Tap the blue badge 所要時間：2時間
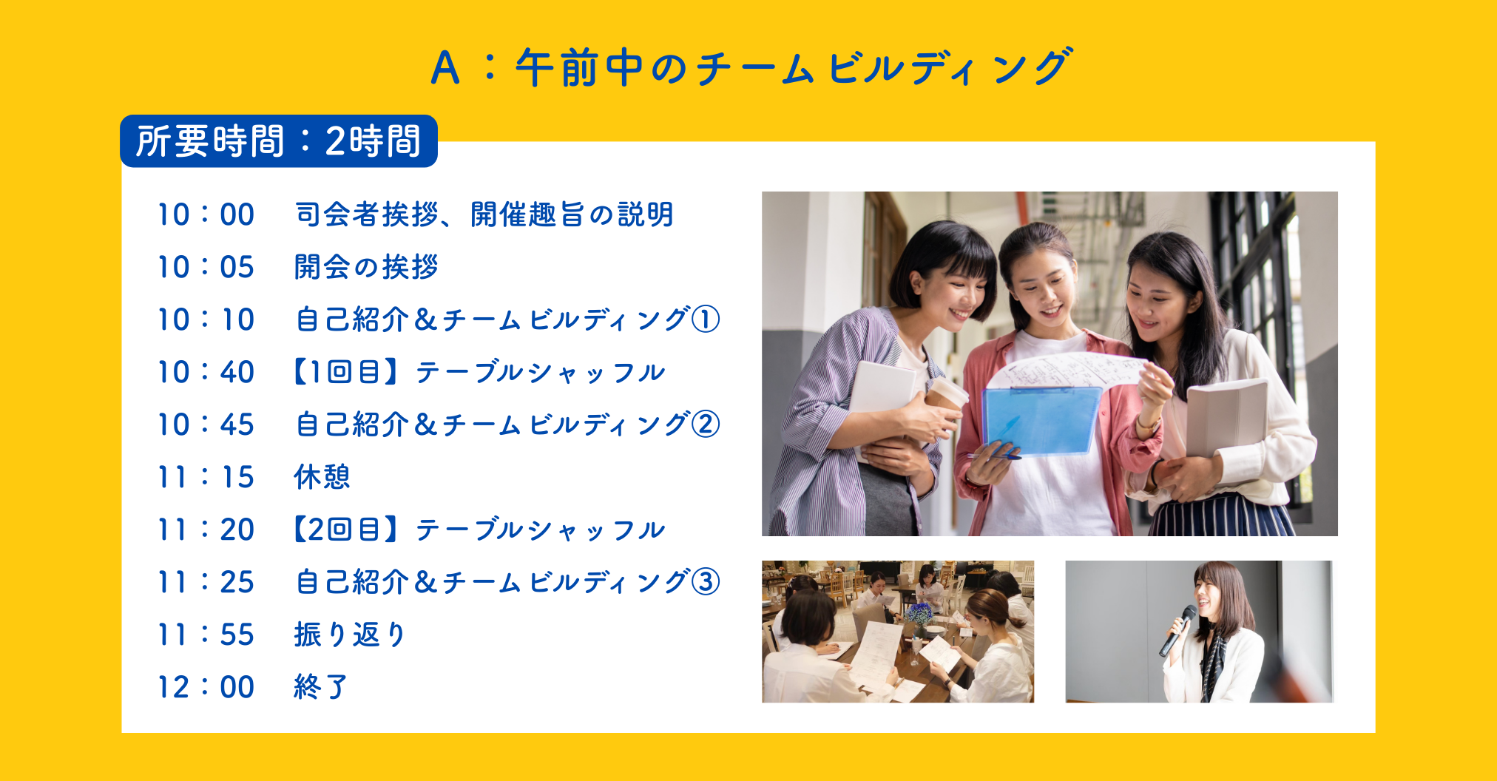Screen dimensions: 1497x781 click(279, 141)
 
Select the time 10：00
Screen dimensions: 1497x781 click(206, 214)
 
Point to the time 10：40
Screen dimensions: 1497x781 click(206, 372)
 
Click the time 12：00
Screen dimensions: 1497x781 click(206, 687)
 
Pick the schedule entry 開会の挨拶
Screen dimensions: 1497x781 click(366, 267)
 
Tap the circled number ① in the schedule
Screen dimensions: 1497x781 click(706, 319)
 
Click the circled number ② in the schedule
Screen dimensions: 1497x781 click(706, 425)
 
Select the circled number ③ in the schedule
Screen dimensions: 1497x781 click(706, 582)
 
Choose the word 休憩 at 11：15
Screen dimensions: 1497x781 click(322, 477)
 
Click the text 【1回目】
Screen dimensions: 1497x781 click(348, 372)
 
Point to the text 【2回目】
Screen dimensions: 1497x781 click(348, 530)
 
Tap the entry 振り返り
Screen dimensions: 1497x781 click(350, 635)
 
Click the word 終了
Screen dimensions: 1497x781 click(320, 687)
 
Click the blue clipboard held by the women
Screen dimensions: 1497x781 click(1041, 420)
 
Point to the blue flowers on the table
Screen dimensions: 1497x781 click(919, 613)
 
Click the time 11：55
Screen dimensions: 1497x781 click(206, 635)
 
